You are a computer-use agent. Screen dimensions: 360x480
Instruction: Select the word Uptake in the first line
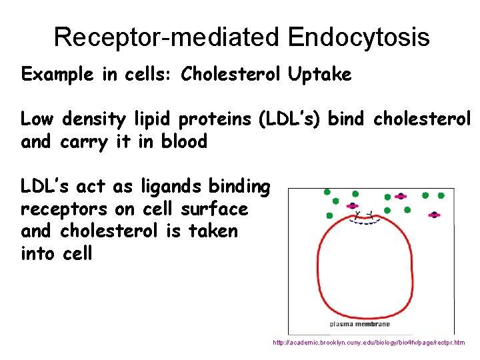[319, 74]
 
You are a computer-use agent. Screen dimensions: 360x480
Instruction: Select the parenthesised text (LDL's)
[289, 119]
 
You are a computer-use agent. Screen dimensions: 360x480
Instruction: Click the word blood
[184, 141]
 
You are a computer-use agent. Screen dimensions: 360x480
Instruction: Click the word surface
[215, 209]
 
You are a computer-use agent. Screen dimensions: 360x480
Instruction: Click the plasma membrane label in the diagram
[360, 324]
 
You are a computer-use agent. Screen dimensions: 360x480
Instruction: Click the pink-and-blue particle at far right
[435, 215]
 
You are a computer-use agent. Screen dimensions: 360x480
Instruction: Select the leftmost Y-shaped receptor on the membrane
[359, 215]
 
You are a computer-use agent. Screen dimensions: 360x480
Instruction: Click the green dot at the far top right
[441, 195]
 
